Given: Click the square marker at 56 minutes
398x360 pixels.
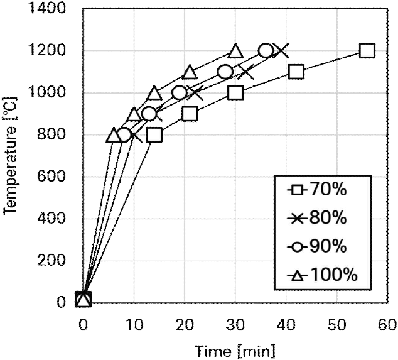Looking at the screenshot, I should [367, 50].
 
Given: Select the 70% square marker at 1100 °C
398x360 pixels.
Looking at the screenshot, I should [296, 72].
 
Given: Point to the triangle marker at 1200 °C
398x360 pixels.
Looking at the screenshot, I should [235, 51].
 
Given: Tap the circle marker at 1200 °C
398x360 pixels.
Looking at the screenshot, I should [266, 50].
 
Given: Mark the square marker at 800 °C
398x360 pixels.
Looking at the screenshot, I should [154, 134].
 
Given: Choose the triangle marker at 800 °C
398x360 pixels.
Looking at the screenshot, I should [114, 134].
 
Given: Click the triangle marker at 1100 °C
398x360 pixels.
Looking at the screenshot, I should [190, 72].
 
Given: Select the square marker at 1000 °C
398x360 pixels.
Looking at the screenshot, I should [235, 92].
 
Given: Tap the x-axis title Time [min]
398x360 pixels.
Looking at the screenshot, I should [235, 349].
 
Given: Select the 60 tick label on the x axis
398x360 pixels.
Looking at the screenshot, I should [387, 324].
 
